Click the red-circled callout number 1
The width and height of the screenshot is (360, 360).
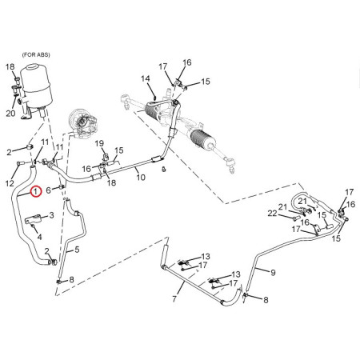36,191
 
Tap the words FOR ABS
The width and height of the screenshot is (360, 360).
36,55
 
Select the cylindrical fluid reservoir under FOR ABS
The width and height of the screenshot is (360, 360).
34,84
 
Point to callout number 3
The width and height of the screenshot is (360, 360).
51,215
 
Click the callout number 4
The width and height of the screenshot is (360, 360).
39,237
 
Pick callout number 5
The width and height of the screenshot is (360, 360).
77,250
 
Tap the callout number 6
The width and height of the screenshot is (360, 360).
48,190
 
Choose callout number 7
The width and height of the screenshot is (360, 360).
174,298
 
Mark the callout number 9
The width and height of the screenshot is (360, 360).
273,272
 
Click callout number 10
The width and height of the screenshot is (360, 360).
141,177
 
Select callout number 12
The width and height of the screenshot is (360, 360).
10,183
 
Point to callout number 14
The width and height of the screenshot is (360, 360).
146,78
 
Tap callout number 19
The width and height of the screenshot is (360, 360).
99,143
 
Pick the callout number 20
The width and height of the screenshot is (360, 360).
10,114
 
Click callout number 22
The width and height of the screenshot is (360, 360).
273,214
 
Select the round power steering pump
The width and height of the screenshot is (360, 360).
82,122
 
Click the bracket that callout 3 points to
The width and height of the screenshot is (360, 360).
33,218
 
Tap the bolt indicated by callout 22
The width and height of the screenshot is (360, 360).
294,218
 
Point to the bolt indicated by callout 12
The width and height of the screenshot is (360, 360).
20,162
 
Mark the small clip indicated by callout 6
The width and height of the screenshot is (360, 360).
62,186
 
